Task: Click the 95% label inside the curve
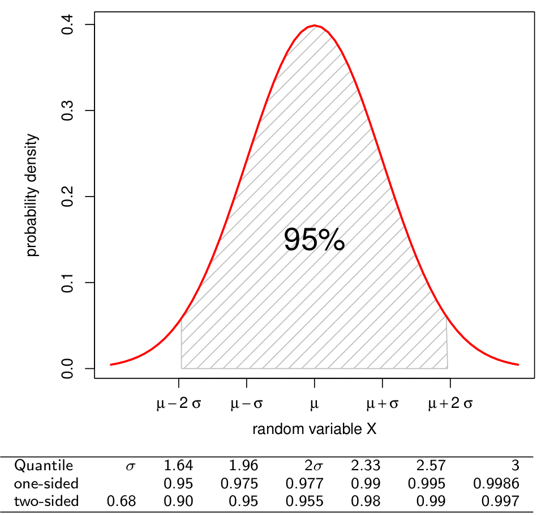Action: tap(314, 240)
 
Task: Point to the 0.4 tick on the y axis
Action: tap(91, 24)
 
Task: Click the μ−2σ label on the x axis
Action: tap(178, 405)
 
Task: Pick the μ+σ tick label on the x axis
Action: tap(383, 405)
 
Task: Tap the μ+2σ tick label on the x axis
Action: tap(450, 405)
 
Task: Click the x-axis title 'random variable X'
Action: tap(314, 429)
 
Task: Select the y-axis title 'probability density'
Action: tap(33, 195)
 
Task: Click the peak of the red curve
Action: tap(315, 25)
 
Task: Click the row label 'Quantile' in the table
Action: tap(44, 466)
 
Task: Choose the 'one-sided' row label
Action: tap(46, 484)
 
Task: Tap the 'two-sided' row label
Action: tap(46, 501)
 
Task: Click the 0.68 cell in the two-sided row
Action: tap(122, 501)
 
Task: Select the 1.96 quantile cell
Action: tap(243, 466)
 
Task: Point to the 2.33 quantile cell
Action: tap(366, 466)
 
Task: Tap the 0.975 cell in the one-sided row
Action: tap(239, 484)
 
